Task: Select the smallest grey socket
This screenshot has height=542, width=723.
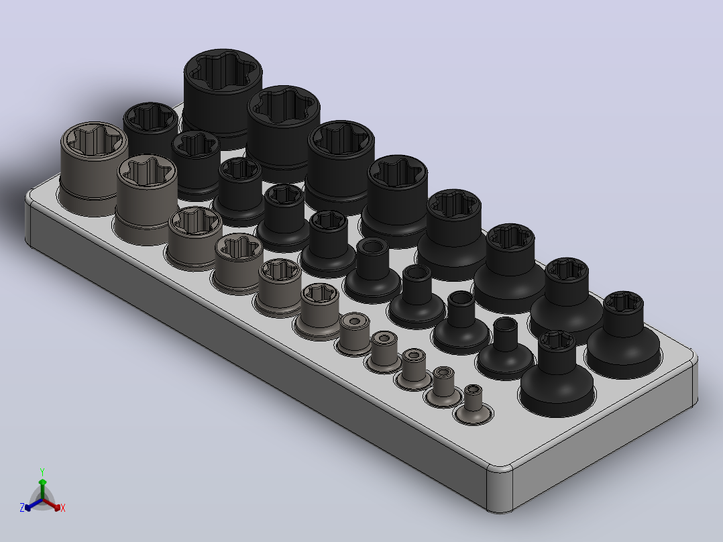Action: click(x=473, y=404)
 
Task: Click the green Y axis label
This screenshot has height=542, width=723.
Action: click(x=42, y=472)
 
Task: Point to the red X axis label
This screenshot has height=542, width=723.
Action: click(x=63, y=508)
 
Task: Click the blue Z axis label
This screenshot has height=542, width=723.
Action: click(x=22, y=507)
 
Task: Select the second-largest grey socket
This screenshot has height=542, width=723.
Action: click(x=146, y=199)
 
